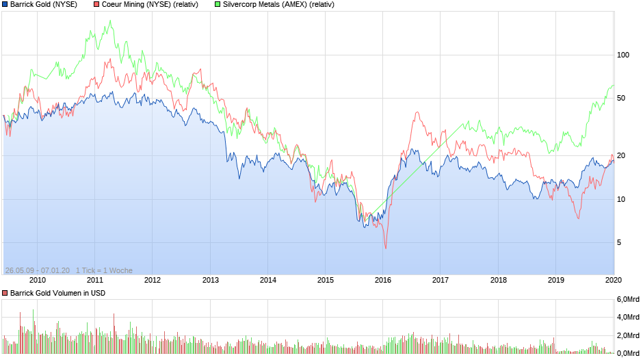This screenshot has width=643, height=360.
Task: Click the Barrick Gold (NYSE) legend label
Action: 44,5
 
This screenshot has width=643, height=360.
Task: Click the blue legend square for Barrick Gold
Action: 5,5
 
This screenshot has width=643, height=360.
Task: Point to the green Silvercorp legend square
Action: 218,5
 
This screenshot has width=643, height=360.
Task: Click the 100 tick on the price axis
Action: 623,55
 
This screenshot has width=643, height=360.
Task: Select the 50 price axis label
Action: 621,98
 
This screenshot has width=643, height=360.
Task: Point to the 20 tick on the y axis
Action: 621,155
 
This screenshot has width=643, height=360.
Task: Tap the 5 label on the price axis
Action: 619,242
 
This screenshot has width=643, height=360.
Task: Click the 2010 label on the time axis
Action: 37,280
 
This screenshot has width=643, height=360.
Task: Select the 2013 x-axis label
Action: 210,280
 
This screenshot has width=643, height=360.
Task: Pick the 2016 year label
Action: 383,280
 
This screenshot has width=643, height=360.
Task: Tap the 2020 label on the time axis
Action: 614,280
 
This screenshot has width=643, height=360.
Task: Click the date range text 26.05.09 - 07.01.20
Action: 37,270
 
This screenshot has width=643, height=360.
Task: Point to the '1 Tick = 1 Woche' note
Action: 104,270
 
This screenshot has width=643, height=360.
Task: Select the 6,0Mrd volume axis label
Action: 629,300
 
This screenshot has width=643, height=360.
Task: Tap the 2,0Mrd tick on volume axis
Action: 629,335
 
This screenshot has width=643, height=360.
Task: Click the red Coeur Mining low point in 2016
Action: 385,248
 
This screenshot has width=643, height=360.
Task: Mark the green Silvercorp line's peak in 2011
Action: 110,21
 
